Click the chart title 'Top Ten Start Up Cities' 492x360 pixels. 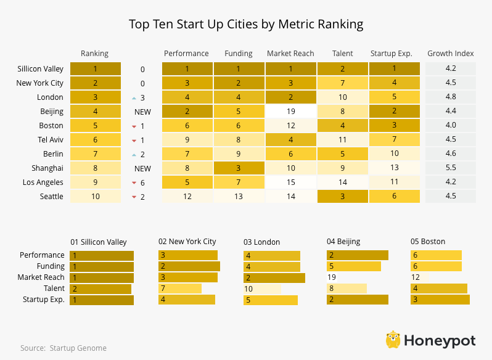[x=245, y=25]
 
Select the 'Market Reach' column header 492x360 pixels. [x=290, y=54]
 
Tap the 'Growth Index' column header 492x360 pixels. [x=451, y=54]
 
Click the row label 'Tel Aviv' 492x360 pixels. [x=50, y=139]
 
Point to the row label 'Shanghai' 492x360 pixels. [x=47, y=168]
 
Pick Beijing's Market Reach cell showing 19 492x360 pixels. [x=290, y=112]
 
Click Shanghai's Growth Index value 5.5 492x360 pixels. [x=451, y=168]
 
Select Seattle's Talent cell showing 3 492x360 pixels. [x=342, y=196]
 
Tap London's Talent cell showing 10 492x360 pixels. [x=342, y=97]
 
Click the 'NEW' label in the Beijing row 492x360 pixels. [x=142, y=112]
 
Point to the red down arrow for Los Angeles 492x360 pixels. [x=134, y=182]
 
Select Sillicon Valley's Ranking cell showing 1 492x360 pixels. [x=95, y=69]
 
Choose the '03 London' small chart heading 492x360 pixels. [x=261, y=242]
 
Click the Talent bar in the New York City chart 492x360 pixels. [x=180, y=288]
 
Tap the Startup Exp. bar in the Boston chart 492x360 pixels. [x=440, y=300]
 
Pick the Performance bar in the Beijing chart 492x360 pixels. [x=358, y=255]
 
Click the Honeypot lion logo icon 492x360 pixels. [x=393, y=340]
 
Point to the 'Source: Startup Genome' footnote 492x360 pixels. [x=63, y=348]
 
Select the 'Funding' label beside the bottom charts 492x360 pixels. [x=51, y=266]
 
